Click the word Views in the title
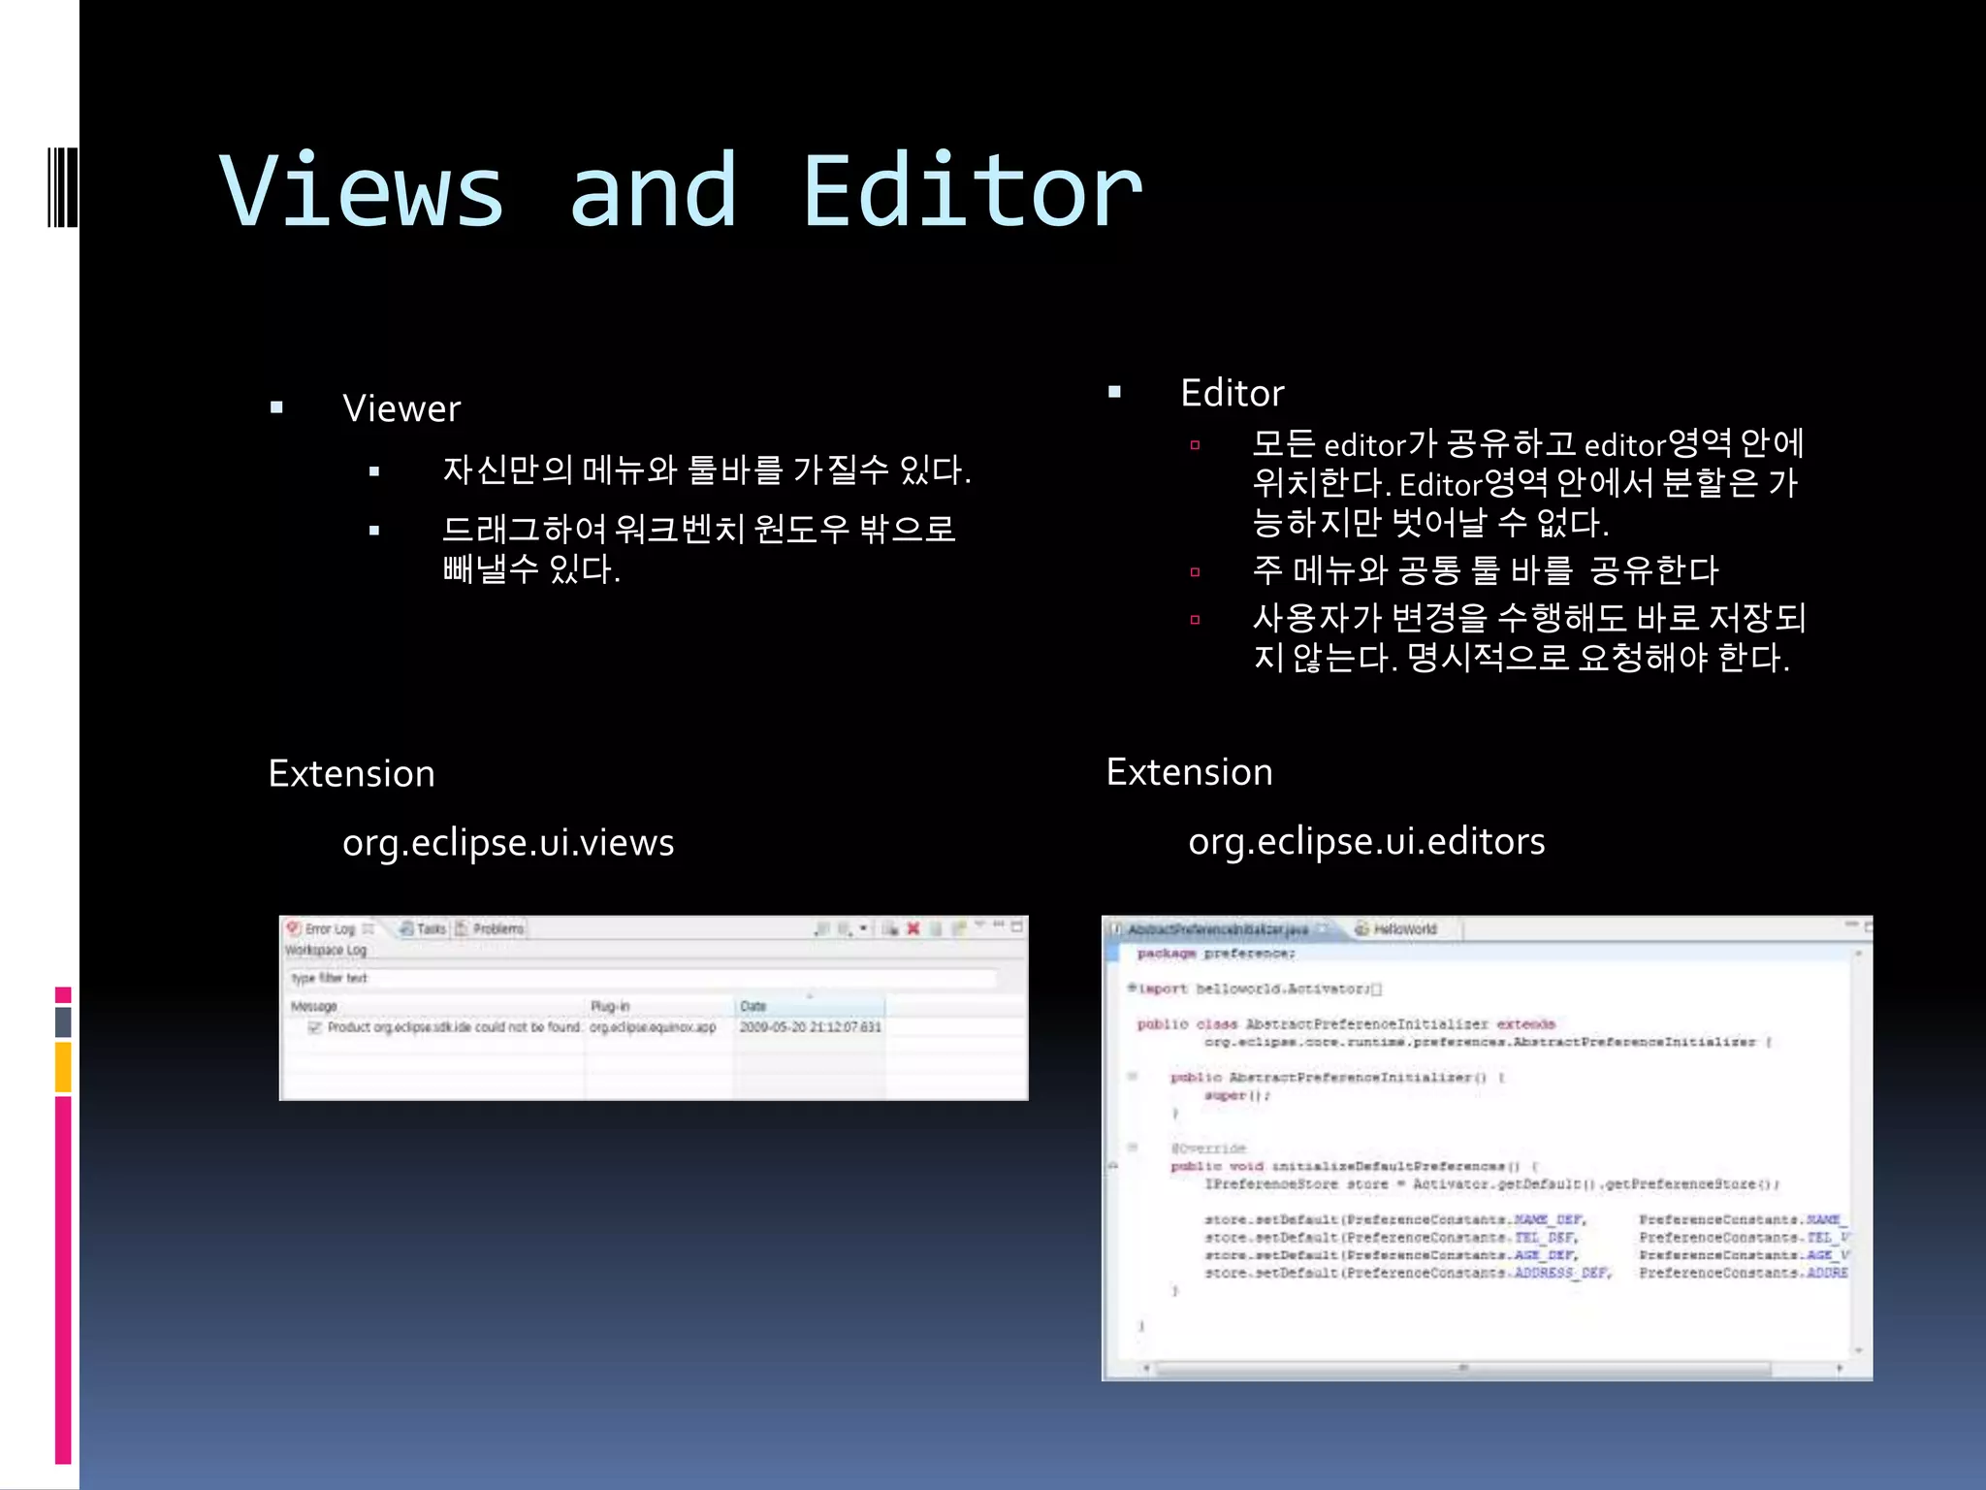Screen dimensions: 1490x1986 (361, 191)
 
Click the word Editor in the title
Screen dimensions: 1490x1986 (972, 191)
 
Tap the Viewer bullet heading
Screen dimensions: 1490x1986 (401, 408)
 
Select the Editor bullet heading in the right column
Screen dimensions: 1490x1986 (1232, 393)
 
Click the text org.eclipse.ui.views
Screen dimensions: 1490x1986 (508, 842)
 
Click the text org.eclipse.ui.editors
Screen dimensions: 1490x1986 (1365, 840)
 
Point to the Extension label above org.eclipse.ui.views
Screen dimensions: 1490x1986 (351, 773)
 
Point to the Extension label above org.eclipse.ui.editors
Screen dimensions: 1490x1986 (1189, 771)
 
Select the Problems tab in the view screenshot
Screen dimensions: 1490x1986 (496, 928)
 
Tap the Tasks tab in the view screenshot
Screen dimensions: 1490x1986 (430, 928)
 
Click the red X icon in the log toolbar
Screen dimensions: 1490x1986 (913, 928)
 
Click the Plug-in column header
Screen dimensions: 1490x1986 (610, 1006)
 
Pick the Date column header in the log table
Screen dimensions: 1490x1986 (753, 1006)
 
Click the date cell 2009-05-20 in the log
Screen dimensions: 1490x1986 (810, 1026)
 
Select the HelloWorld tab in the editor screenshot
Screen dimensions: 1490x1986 (1403, 928)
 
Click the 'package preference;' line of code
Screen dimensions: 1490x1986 (1216, 954)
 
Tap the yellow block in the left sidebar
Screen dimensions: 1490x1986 (63, 1067)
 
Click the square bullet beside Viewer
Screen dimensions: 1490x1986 (277, 408)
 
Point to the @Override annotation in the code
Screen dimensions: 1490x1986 (1208, 1149)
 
